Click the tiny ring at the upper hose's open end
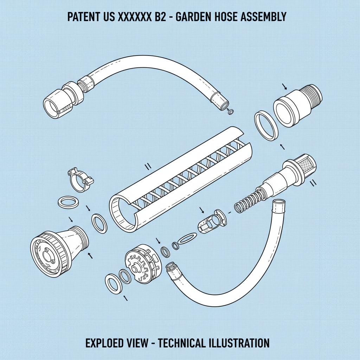tap(231, 112)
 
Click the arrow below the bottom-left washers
tap(125, 298)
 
